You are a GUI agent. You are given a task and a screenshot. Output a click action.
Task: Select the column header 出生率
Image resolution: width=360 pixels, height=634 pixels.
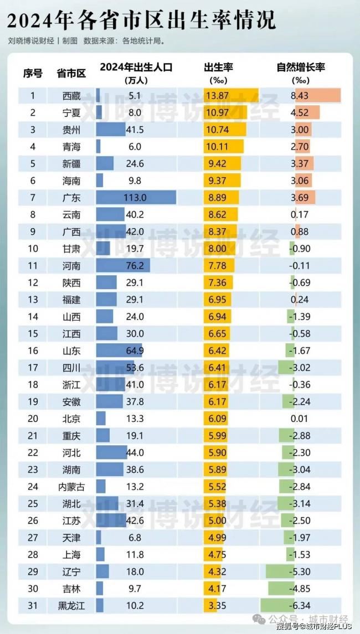coord(218,68)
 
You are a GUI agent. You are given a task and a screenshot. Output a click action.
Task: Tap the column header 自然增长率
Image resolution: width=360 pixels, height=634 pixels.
coord(301,68)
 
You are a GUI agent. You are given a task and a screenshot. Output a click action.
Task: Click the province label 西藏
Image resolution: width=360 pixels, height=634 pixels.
coord(71,96)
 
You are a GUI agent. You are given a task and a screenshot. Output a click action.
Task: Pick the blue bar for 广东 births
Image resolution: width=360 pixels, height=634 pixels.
coord(136,198)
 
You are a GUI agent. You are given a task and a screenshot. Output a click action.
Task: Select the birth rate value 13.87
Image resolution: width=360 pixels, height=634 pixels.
coord(217,96)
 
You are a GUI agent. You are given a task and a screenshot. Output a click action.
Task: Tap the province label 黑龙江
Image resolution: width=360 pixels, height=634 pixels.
coord(71,605)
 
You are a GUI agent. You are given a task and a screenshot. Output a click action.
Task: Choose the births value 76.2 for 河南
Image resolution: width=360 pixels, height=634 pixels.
coord(136,266)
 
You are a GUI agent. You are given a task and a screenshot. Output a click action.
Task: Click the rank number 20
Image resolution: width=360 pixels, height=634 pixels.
coord(33,419)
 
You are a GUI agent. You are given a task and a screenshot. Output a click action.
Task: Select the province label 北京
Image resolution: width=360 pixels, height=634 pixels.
coord(71,419)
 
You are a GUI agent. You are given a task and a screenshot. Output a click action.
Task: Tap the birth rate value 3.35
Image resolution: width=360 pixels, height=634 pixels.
coord(217,605)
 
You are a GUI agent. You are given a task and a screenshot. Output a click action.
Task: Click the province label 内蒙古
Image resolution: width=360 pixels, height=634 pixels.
coord(71,486)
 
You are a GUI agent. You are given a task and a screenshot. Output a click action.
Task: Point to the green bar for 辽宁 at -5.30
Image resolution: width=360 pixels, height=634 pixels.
coord(280,571)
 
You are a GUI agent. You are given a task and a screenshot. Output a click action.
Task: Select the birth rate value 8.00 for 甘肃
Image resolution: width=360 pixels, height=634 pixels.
coord(217,249)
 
